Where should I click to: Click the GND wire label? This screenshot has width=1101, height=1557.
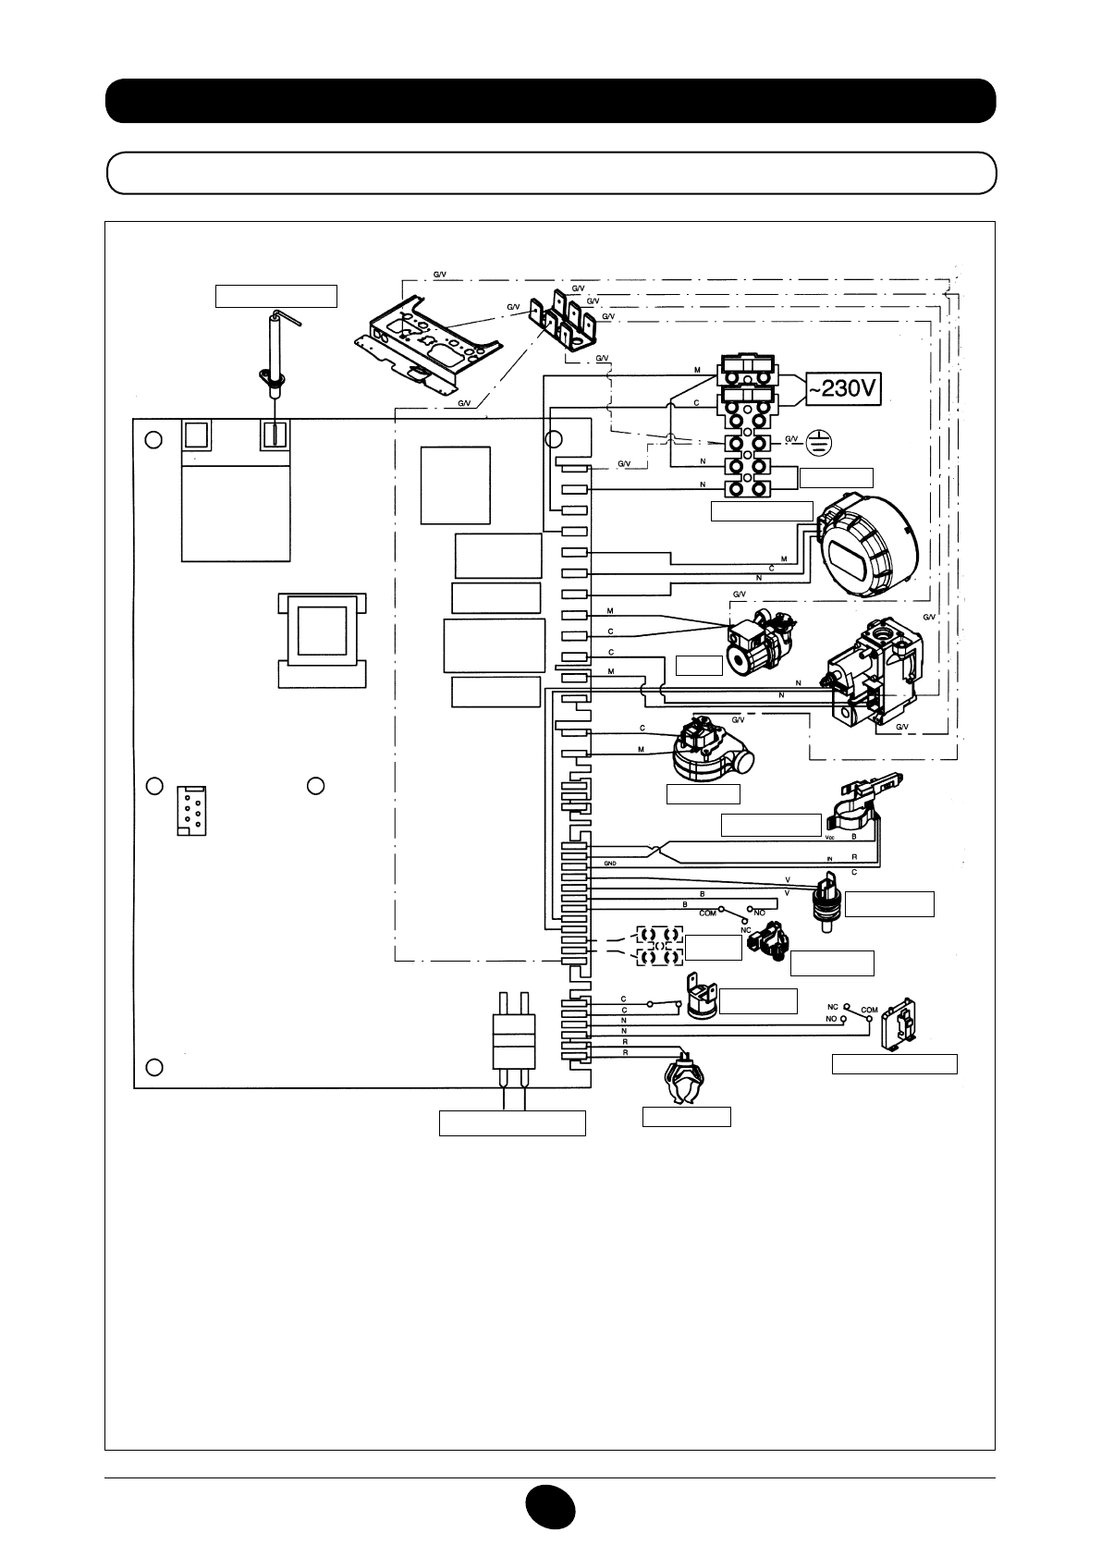tap(610, 863)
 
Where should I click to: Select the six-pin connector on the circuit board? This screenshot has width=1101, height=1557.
tap(191, 811)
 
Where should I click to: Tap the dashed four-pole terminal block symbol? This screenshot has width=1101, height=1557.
tap(659, 947)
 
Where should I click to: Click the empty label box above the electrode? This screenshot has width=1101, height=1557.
tap(275, 296)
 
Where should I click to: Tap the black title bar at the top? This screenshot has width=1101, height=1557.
tap(550, 101)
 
